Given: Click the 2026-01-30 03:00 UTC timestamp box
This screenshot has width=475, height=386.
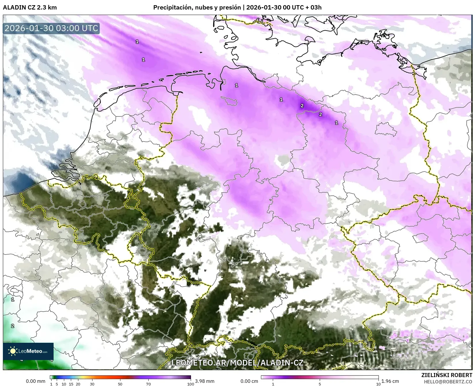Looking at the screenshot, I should pos(51,28).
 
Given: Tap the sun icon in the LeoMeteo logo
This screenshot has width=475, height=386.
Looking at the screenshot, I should pos(13,351).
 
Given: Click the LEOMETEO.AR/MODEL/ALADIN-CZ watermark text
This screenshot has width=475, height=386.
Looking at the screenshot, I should pos(237,363).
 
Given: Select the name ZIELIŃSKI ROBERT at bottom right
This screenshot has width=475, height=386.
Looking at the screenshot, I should pos(447,375).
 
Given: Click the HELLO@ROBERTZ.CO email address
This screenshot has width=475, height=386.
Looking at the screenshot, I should pos(448,381).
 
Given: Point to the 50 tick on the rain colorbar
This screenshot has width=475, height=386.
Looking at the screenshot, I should pos(120,384).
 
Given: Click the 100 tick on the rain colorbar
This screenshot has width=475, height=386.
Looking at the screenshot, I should pos(190,384).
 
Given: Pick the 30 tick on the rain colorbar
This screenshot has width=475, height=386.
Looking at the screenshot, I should pos(92,384).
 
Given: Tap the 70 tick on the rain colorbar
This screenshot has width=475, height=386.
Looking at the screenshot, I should pos(148,384).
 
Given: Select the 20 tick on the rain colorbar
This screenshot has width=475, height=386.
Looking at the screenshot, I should pos(78,384).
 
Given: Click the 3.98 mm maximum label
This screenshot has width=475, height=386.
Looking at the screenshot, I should pos(205,381).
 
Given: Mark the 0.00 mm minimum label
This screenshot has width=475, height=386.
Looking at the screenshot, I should pos(36,381).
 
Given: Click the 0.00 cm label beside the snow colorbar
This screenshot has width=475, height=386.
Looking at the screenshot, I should pos(249,381).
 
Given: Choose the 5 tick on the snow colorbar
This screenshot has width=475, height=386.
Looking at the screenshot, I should pos(320,384).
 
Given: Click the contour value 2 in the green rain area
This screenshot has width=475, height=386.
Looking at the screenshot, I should pos(13,326).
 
